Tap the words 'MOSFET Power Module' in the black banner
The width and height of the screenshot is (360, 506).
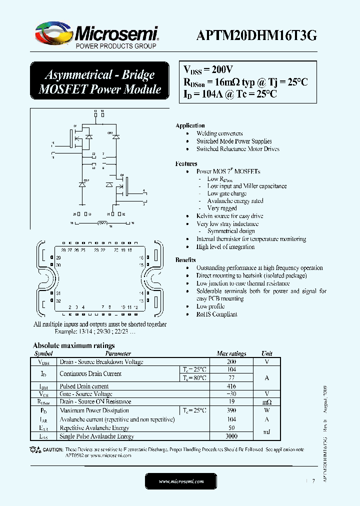(100, 89)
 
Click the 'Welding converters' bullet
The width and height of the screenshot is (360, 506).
(219, 133)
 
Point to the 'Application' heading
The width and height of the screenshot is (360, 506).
(190, 125)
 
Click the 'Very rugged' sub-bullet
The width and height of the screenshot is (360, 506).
(222, 208)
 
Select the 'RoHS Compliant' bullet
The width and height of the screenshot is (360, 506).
(216, 314)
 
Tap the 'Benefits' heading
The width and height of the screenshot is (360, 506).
(185, 260)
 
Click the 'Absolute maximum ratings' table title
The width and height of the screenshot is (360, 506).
(73, 345)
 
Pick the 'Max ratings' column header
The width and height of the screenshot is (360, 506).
(231, 353)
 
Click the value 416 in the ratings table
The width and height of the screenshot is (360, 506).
(231, 386)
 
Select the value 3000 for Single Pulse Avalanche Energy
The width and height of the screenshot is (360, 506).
(231, 436)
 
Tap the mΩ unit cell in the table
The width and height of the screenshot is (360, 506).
(266, 402)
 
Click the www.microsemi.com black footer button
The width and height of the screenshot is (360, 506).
(181, 481)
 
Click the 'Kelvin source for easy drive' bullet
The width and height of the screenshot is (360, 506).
(229, 216)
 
